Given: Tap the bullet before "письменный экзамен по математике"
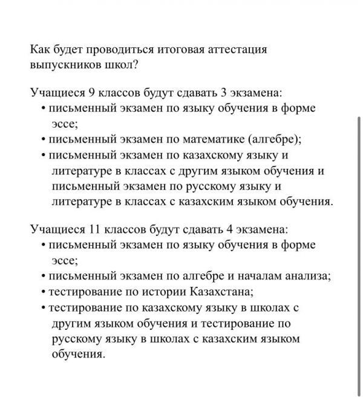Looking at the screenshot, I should [44, 140].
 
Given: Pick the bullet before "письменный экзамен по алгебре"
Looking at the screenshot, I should [44, 277].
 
